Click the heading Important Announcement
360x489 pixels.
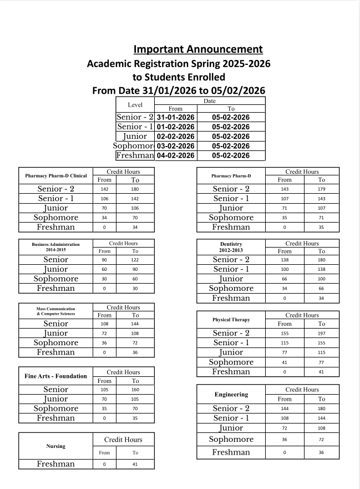tap(198, 49)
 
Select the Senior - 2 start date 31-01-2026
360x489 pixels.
tap(175, 117)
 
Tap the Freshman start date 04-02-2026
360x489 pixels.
tap(175, 155)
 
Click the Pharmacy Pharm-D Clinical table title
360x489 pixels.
tap(56, 176)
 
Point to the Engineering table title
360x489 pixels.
tap(231, 394)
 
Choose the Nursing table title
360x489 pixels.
tap(56, 446)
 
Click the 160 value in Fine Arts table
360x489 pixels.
tap(135, 390)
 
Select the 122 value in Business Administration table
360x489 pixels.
tap(135, 260)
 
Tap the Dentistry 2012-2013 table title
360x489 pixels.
tap(231, 247)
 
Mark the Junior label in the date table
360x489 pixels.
tap(135, 137)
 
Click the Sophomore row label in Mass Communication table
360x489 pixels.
tap(56, 343)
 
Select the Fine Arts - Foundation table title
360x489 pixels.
tap(56, 376)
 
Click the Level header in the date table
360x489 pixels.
tap(135, 104)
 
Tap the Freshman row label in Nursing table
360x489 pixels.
tap(56, 464)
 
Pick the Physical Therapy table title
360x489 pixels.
tap(231, 320)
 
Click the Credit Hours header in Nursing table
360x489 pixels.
tap(124, 440)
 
